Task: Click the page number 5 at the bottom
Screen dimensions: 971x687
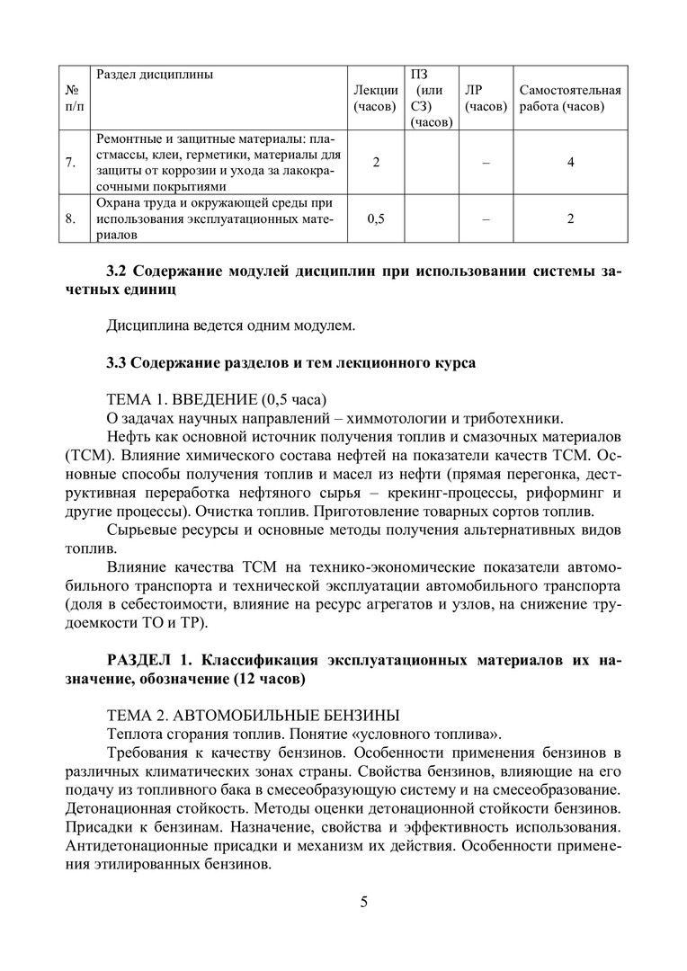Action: click(363, 902)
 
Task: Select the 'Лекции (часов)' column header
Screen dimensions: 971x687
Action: click(376, 98)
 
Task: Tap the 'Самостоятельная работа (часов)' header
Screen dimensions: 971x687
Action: click(570, 98)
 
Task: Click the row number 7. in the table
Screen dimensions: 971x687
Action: click(70, 163)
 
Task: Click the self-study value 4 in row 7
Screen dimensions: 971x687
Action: click(570, 163)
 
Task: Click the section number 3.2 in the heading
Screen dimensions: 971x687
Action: click(117, 272)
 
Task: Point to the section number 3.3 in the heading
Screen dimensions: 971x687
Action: click(117, 362)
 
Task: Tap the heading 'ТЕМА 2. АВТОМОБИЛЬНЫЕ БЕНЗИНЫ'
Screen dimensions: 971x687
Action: click(253, 716)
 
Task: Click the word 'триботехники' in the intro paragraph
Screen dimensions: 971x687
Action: click(517, 417)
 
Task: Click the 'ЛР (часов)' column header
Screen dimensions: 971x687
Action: click(486, 98)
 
